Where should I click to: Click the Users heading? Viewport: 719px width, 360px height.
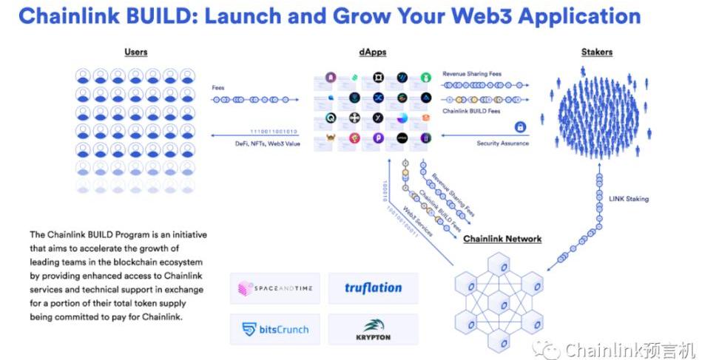pos(136,52)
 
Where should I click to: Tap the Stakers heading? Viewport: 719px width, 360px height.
pos(597,52)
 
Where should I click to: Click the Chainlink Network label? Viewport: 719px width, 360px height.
pos(502,239)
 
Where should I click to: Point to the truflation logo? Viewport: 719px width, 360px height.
pos(374,288)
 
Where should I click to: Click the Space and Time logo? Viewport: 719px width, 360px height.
pos(274,288)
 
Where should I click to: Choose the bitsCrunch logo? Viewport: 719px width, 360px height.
pos(274,329)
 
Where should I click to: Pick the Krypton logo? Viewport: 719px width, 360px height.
pos(374,329)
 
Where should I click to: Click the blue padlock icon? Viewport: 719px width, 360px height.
pos(521,127)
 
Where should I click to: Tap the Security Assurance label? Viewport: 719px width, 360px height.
pos(502,143)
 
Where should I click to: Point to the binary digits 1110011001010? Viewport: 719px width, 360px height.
pos(273,132)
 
